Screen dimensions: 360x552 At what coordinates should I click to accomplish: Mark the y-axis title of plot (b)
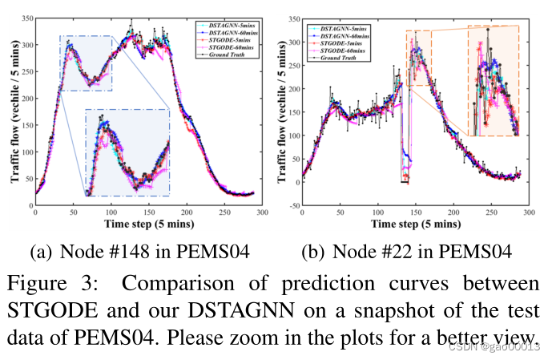[x=281, y=112]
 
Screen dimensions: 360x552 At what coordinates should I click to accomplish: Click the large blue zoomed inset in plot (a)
[x=127, y=152]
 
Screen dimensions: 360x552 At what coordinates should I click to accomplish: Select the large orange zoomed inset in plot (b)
[x=493, y=81]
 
